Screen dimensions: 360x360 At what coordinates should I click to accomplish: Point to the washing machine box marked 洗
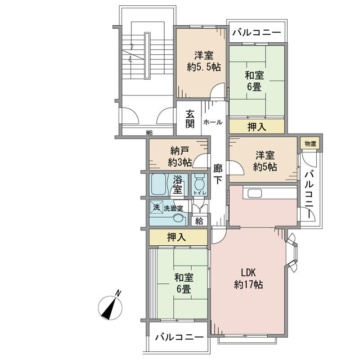(156, 208)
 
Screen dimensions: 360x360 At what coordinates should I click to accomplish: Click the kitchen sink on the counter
(253, 193)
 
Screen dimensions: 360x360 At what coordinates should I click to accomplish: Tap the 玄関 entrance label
(191, 118)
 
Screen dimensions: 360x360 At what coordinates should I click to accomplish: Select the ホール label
(212, 122)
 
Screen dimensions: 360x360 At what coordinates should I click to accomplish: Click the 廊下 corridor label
(218, 174)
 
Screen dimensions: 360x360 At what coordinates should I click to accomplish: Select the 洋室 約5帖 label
(265, 161)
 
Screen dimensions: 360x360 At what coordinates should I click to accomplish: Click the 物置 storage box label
(310, 144)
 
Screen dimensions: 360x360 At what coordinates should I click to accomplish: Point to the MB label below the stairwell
(149, 133)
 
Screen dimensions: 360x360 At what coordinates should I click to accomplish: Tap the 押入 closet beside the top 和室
(257, 127)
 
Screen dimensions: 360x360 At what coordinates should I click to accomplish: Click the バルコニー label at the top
(257, 32)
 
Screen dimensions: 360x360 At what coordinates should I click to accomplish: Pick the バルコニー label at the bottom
(179, 337)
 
